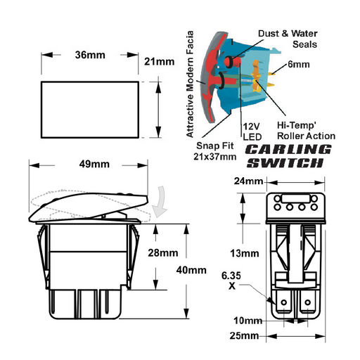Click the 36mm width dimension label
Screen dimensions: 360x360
click(90, 55)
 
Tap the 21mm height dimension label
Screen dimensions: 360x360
click(159, 62)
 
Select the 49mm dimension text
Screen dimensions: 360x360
click(94, 164)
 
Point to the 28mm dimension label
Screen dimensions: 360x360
click(163, 253)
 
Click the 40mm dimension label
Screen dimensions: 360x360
click(191, 270)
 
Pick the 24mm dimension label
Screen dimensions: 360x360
click(248, 181)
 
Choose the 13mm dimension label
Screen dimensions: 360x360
click(245, 253)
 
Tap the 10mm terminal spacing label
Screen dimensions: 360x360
click(248, 321)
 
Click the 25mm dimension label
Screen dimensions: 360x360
click(244, 335)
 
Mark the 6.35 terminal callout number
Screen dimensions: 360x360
click(231, 276)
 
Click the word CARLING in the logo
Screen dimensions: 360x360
click(288, 150)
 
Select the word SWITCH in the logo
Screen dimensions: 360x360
click(285, 162)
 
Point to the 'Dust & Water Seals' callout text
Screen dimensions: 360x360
click(288, 39)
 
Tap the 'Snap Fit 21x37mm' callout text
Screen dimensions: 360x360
click(214, 151)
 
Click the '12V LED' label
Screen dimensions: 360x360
click(252, 131)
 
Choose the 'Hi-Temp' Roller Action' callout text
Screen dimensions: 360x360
click(306, 131)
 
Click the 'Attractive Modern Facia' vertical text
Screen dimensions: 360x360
click(190, 84)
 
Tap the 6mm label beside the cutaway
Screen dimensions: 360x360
click(299, 64)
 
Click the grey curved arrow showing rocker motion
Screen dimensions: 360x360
click(160, 202)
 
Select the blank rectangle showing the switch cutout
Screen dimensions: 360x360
click(90, 110)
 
